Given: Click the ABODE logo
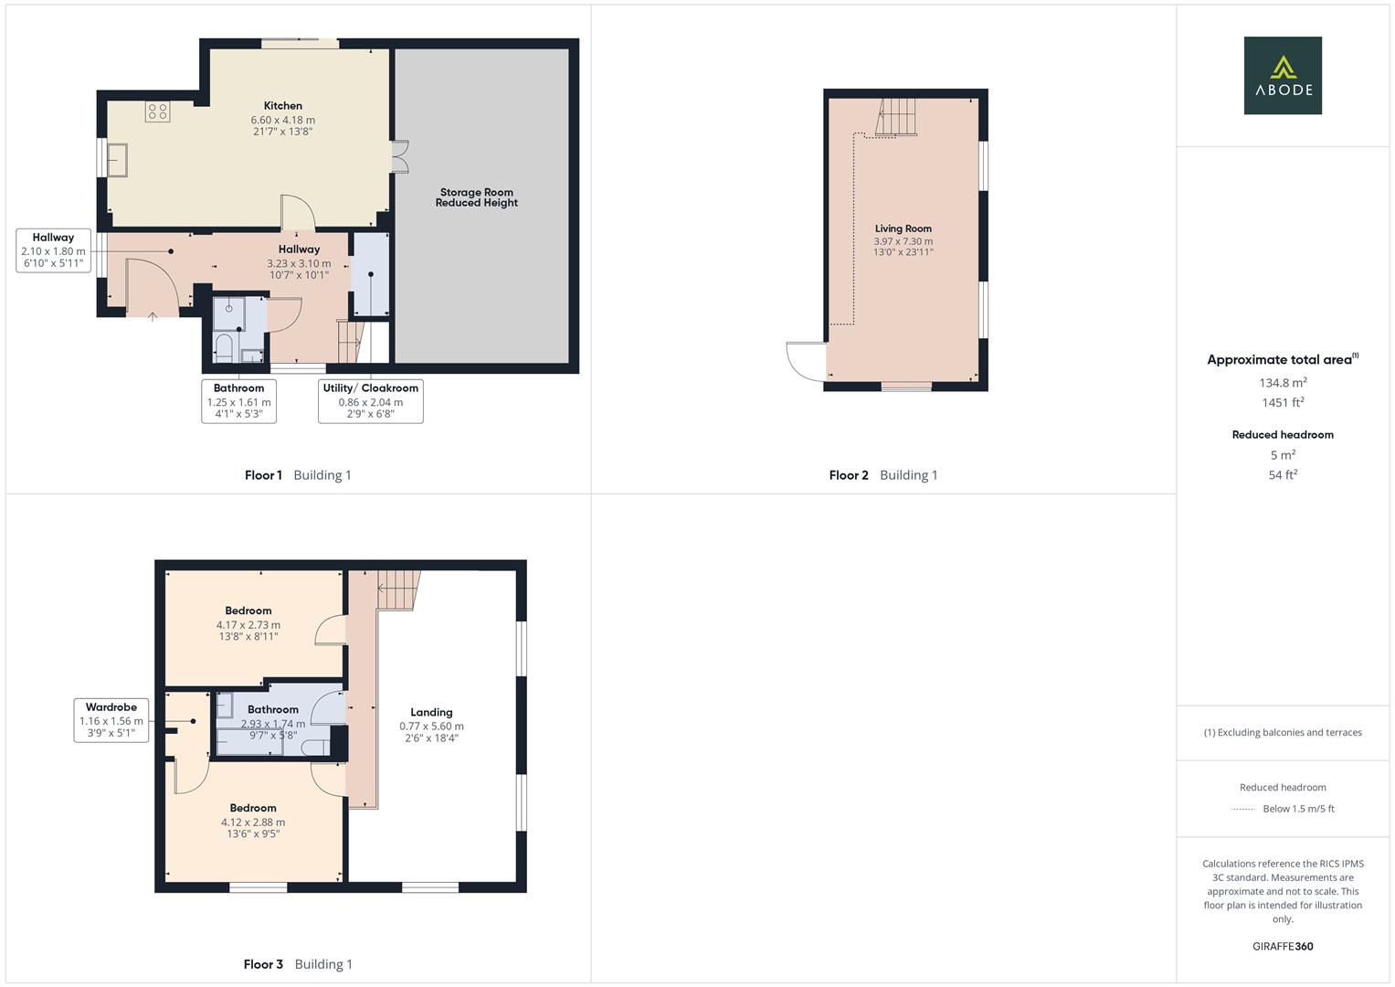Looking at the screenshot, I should [1283, 75].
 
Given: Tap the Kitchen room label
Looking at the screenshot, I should [283, 106].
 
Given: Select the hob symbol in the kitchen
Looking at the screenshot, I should [157, 111].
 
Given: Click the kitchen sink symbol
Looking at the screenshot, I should [117, 159].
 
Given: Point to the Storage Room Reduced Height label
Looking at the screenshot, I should [477, 197].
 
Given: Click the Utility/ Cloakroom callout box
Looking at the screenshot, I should [370, 400].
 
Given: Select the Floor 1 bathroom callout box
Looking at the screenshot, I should [238, 400].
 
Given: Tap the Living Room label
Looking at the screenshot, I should [903, 228].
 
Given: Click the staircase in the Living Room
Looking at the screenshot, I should [896, 117].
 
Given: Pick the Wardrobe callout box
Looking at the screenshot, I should [111, 719].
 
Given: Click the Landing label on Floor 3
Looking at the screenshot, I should [431, 712].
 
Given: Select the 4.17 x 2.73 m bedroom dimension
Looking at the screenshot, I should [248, 625].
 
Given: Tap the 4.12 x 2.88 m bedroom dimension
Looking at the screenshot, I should [253, 822].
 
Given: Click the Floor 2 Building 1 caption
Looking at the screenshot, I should [882, 475].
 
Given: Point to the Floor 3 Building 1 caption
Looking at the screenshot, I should [298, 964].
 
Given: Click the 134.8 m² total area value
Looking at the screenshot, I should [1283, 383].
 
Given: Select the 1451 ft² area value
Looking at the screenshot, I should [1283, 402].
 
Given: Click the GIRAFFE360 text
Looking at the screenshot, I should [1283, 946].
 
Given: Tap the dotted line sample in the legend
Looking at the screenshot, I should [1243, 809].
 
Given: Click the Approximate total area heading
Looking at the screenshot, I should [1282, 359].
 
